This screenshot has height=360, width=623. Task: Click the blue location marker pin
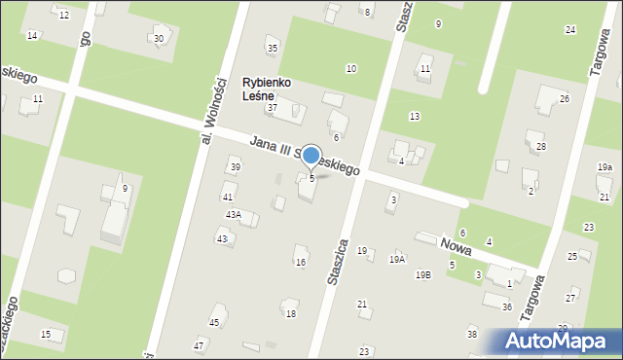point(311,156)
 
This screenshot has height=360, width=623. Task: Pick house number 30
point(158,39)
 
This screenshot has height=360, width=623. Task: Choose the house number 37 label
point(273,107)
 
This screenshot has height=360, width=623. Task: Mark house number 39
point(236,167)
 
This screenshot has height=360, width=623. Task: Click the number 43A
point(234,214)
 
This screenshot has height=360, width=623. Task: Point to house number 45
point(214,322)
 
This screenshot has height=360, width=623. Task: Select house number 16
point(301,263)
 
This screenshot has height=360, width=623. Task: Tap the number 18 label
point(290,313)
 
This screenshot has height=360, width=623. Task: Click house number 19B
point(422,275)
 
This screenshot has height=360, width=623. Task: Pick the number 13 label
point(415,117)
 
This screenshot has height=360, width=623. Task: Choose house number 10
point(350,68)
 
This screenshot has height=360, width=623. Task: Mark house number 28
point(541,146)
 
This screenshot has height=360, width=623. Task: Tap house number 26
point(564,99)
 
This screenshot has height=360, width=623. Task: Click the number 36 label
point(507,307)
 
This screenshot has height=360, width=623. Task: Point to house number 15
point(46,335)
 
